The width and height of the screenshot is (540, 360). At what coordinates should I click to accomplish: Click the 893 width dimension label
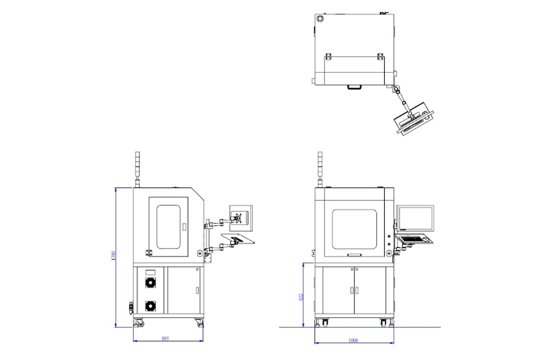point(165,338)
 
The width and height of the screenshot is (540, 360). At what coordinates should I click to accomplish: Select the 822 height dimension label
point(301,296)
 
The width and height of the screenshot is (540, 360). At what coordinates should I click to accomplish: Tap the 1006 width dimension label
point(353,340)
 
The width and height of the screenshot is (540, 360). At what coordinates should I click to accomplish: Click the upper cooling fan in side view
point(150,283)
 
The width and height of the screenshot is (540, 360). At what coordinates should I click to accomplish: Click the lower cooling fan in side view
point(150,306)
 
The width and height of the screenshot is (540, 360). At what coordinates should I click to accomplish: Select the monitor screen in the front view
point(416,218)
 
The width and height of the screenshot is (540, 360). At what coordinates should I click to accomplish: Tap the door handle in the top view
point(355,87)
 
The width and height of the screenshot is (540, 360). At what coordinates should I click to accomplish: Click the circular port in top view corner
point(319,19)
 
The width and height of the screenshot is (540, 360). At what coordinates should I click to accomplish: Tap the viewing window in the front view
point(354,229)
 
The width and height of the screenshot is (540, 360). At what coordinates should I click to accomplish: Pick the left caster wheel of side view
point(138,324)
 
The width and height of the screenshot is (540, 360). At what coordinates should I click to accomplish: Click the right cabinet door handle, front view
point(358,290)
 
